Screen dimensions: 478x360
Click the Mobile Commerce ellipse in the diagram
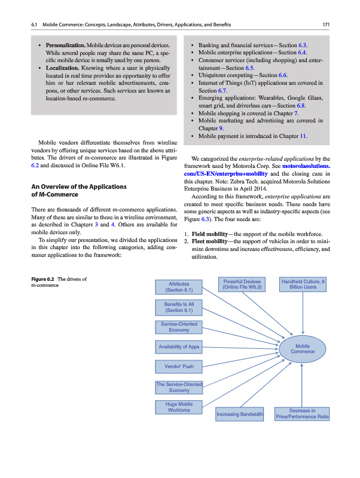click(x=303, y=348)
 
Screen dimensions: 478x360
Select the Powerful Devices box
click(x=242, y=284)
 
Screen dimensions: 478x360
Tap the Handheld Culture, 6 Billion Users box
click(x=303, y=284)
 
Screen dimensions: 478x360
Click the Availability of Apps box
click(x=179, y=347)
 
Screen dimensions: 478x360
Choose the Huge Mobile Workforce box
click(x=179, y=407)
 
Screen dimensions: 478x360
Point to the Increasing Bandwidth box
click(x=240, y=413)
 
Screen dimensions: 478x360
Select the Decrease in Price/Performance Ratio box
click(x=303, y=413)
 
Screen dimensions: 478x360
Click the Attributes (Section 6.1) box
click(x=179, y=287)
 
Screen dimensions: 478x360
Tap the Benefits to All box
click(x=179, y=307)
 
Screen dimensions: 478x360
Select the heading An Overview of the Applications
click(x=78, y=187)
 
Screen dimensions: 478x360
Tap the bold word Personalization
click(x=62, y=45)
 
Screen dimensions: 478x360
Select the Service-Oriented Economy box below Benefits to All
click(x=179, y=327)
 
